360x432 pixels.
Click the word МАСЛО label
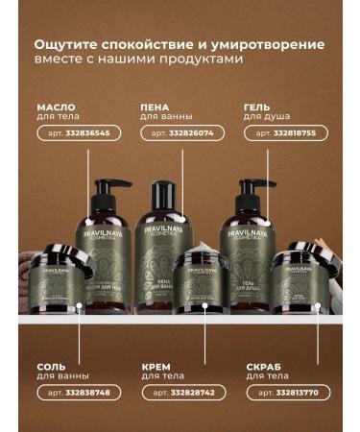pyautogui.click(x=56, y=107)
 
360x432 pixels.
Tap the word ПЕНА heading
pyautogui.click(x=157, y=107)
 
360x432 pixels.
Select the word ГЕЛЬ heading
pyautogui.click(x=257, y=107)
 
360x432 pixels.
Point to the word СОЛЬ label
pyautogui.click(x=52, y=366)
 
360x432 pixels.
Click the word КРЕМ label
pyautogui.click(x=156, y=366)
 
